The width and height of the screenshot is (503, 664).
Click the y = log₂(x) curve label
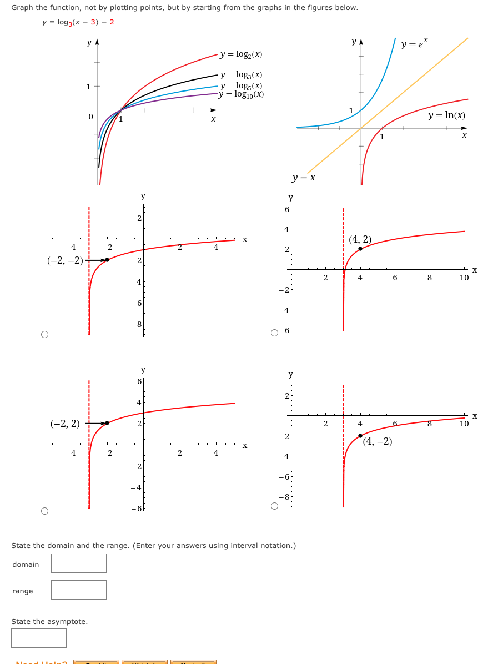click(241, 54)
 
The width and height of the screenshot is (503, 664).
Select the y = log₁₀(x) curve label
click(241, 94)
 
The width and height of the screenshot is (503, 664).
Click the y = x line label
click(304, 178)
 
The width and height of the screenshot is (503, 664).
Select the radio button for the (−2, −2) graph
click(44, 334)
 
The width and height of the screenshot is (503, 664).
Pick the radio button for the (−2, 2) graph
click(44, 511)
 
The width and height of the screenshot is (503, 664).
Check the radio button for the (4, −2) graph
click(274, 506)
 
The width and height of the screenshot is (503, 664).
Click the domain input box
click(79, 563)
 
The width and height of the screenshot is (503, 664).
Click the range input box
click(79, 590)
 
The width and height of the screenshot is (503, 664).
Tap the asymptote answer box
click(39, 638)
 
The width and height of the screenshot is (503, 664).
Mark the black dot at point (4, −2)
click(360, 436)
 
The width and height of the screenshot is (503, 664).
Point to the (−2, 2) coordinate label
click(65, 424)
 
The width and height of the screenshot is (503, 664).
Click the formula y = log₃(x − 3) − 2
click(78, 22)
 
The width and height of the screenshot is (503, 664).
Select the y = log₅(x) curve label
click(241, 85)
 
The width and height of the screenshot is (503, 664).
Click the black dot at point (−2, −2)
click(107, 260)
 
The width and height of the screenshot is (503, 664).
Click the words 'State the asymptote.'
click(49, 621)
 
